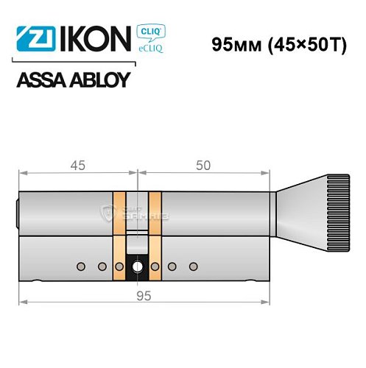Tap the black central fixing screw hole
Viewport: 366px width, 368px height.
coord(138,266)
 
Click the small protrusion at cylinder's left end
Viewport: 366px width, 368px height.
coord(18,213)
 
